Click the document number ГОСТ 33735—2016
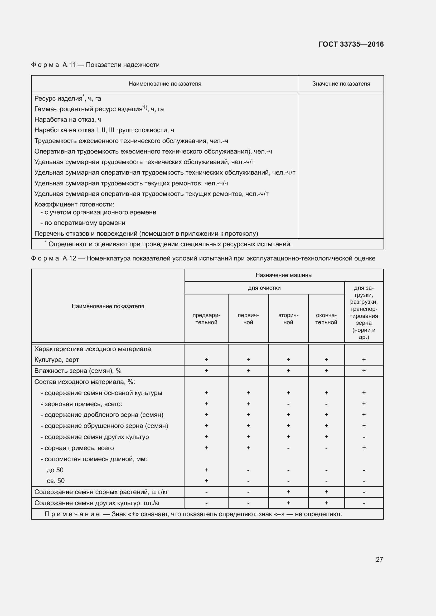click(351, 44)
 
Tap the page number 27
click(379, 559)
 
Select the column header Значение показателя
click(341, 84)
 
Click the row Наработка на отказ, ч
click(68, 120)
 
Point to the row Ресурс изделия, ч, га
click(68, 98)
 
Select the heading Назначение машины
click(284, 275)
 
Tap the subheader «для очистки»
click(264, 288)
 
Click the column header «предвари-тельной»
click(206, 319)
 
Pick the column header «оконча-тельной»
click(326, 319)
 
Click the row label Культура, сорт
click(57, 359)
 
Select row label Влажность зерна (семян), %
click(78, 371)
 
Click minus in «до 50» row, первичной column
click(248, 470)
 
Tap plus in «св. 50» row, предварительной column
click(206, 481)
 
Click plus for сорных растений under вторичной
click(288, 492)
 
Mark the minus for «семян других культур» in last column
click(364, 503)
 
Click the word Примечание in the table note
click(72, 514)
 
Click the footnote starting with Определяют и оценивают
click(170, 244)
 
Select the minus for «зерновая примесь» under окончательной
click(326, 404)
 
